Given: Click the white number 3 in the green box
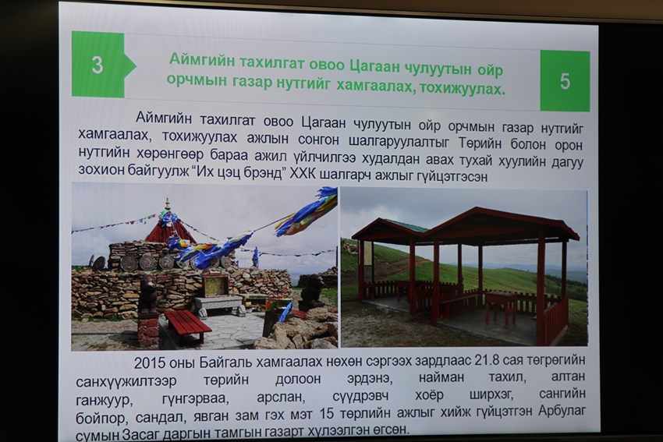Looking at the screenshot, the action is pyautogui.click(x=97, y=65).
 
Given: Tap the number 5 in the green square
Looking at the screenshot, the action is pyautogui.click(x=565, y=81).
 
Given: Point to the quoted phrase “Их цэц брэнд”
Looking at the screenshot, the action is pyautogui.click(x=243, y=173).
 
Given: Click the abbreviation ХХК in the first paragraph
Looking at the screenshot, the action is pyautogui.click(x=303, y=174).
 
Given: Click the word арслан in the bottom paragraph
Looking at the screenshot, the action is pyautogui.click(x=280, y=398).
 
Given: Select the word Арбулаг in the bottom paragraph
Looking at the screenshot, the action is pyautogui.click(x=562, y=411).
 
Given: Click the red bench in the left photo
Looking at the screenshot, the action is pyautogui.click(x=188, y=325).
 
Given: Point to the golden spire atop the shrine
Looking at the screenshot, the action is pyautogui.click(x=168, y=205).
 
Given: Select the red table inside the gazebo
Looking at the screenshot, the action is pyautogui.click(x=502, y=305).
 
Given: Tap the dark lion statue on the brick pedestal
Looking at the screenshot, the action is pyautogui.click(x=147, y=295).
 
